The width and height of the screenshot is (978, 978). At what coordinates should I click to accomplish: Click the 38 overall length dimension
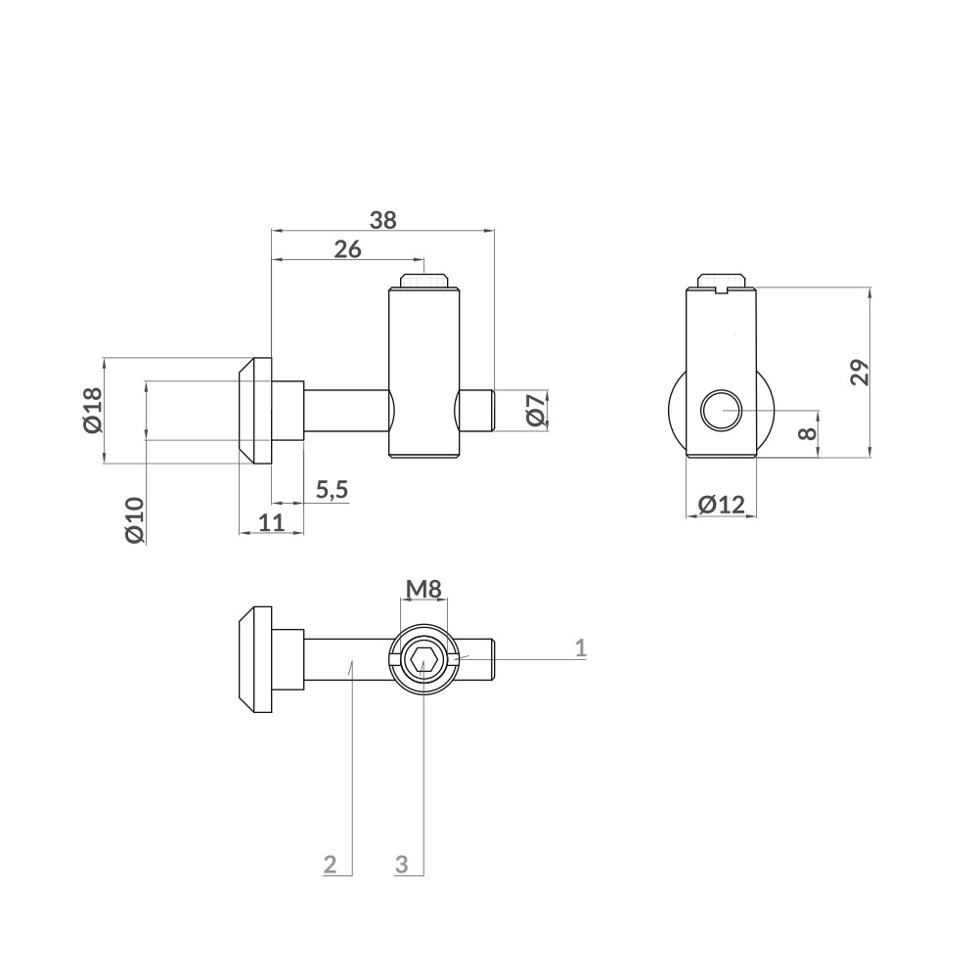383,220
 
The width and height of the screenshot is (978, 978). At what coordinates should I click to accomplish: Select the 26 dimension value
347,249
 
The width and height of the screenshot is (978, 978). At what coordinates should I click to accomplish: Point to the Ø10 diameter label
135,519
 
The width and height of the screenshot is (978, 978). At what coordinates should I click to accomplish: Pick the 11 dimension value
272,522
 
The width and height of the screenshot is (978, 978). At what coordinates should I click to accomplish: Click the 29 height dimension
859,373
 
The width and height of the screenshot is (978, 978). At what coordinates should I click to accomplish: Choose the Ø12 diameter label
722,505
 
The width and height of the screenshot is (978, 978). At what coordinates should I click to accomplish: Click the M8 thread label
424,589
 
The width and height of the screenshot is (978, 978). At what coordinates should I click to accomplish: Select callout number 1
580,647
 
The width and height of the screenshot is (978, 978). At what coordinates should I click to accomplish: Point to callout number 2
331,864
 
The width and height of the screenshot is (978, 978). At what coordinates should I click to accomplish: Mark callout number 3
402,864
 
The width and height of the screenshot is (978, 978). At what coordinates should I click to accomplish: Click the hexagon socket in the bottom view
424,660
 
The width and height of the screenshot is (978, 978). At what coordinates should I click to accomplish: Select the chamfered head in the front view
252,410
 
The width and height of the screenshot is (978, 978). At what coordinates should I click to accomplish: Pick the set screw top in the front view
424,281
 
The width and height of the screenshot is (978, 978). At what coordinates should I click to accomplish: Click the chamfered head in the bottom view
252,660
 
